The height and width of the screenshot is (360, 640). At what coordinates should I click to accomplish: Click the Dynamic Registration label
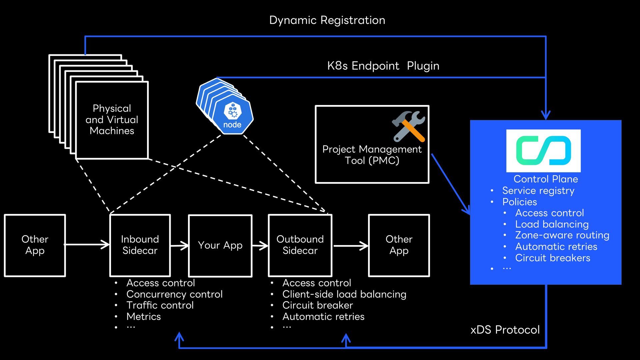pyautogui.click(x=327, y=20)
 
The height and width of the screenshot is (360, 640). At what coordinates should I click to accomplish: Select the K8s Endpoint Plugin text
pyautogui.click(x=383, y=66)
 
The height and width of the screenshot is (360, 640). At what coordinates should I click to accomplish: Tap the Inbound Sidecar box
pyautogui.click(x=140, y=245)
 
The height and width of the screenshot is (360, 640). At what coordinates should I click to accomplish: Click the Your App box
pyautogui.click(x=220, y=246)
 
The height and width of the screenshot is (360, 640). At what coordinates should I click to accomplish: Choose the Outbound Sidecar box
pyautogui.click(x=300, y=245)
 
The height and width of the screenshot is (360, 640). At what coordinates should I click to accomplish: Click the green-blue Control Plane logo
pyautogui.click(x=543, y=151)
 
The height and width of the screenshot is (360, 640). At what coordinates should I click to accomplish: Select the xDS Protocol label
pyautogui.click(x=505, y=330)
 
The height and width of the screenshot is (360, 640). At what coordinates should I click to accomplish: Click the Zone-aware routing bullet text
pyautogui.click(x=562, y=235)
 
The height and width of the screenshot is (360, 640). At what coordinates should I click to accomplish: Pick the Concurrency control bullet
pyautogui.click(x=174, y=294)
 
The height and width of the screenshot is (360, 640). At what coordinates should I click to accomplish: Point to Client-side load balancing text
pyautogui.click(x=344, y=294)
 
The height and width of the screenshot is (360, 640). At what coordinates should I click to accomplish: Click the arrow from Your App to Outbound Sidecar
pyautogui.click(x=260, y=246)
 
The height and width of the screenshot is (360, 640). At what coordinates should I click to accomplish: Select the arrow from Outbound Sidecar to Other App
pyautogui.click(x=351, y=246)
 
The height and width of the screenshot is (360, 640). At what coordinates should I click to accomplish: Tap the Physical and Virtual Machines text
pyautogui.click(x=112, y=119)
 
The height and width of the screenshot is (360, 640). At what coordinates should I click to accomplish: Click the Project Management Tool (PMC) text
pyautogui.click(x=372, y=155)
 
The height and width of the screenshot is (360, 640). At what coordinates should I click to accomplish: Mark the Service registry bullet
pyautogui.click(x=538, y=191)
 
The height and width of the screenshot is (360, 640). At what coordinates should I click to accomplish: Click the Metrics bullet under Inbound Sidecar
pyautogui.click(x=143, y=316)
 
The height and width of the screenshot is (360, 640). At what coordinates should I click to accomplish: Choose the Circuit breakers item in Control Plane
pyautogui.click(x=553, y=258)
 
